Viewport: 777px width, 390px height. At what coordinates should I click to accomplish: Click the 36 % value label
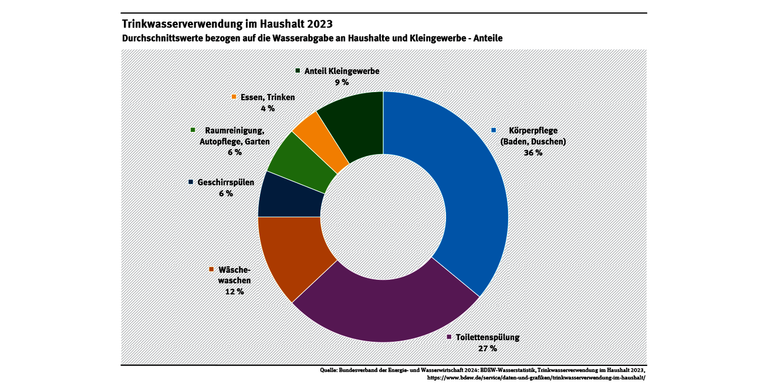[533, 152]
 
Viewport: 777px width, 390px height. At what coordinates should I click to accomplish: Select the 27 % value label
[487, 348]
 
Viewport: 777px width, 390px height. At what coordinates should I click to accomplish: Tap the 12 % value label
[234, 291]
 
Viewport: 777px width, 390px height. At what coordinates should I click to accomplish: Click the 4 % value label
[268, 108]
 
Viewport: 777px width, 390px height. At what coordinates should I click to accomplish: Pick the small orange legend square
[234, 97]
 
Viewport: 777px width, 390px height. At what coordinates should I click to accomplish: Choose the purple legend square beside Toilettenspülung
[450, 337]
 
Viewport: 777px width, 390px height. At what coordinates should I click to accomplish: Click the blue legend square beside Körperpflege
[494, 130]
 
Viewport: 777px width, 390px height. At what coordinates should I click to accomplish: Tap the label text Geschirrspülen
[226, 182]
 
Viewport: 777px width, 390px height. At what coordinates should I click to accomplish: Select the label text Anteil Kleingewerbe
[342, 71]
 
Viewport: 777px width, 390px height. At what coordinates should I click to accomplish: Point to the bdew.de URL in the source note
[536, 378]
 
